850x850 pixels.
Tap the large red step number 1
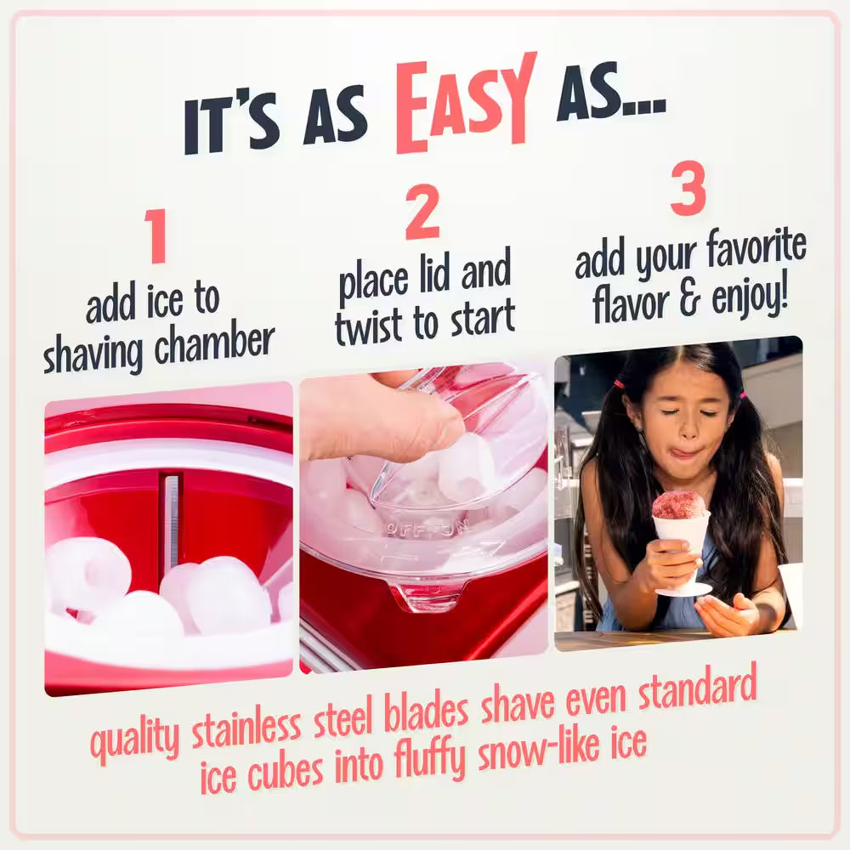(x=155, y=236)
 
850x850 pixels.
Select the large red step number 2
(x=422, y=213)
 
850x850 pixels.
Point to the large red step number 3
(x=688, y=189)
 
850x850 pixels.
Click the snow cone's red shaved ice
(x=678, y=505)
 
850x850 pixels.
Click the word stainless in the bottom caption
(x=246, y=728)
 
